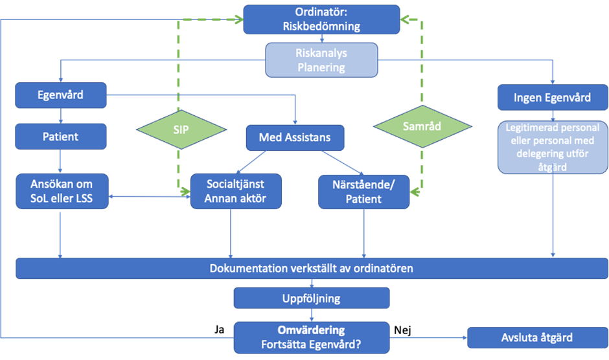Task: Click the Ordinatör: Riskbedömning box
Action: pyautogui.click(x=321, y=19)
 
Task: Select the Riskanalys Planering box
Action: pyautogui.click(x=321, y=60)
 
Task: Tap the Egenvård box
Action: pyautogui.click(x=60, y=96)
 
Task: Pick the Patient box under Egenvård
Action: pyautogui.click(x=60, y=137)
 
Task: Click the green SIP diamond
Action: pyautogui.click(x=181, y=129)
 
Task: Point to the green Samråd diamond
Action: pyautogui.click(x=422, y=126)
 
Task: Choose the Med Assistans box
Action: pyautogui.click(x=295, y=137)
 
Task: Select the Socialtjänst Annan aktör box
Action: pyautogui.click(x=236, y=191)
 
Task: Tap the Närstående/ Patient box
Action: pyautogui.click(x=363, y=191)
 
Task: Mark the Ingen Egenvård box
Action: pyautogui.click(x=552, y=98)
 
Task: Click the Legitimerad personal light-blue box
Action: pyautogui.click(x=553, y=147)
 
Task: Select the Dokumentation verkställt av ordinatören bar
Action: pyautogui.click(x=312, y=267)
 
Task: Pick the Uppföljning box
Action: pyautogui.click(x=312, y=299)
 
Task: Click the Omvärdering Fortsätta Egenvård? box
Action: pyautogui.click(x=312, y=337)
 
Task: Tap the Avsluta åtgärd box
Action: pyautogui.click(x=537, y=337)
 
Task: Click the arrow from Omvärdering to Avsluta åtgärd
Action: pyautogui.click(x=428, y=337)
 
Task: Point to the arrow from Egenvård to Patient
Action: pyautogui.click(x=60, y=115)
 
